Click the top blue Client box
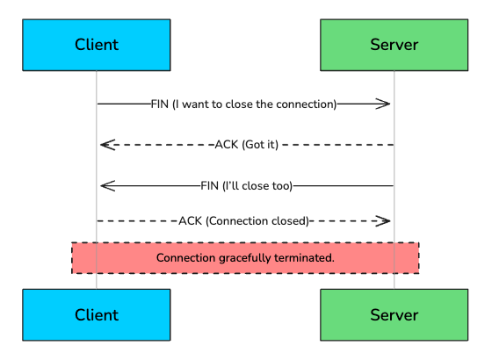pos(97,45)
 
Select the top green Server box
pos(394,45)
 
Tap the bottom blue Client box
pos(97,314)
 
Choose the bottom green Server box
pos(394,314)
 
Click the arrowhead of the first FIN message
pos(384,104)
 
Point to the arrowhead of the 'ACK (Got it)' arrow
pos(106,145)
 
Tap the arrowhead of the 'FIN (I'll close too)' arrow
pos(106,185)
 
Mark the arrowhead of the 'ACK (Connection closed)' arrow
pos(384,221)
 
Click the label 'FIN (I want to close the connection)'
pos(243,104)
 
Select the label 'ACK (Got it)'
pos(246,145)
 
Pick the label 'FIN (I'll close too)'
pos(246,185)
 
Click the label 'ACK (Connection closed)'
pos(243,221)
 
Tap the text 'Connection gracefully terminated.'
pos(245,258)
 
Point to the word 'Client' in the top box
pos(97,45)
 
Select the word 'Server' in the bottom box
pos(394,314)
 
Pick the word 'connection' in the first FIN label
pos(304,104)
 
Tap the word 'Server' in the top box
pos(394,45)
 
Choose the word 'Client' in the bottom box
pos(97,314)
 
